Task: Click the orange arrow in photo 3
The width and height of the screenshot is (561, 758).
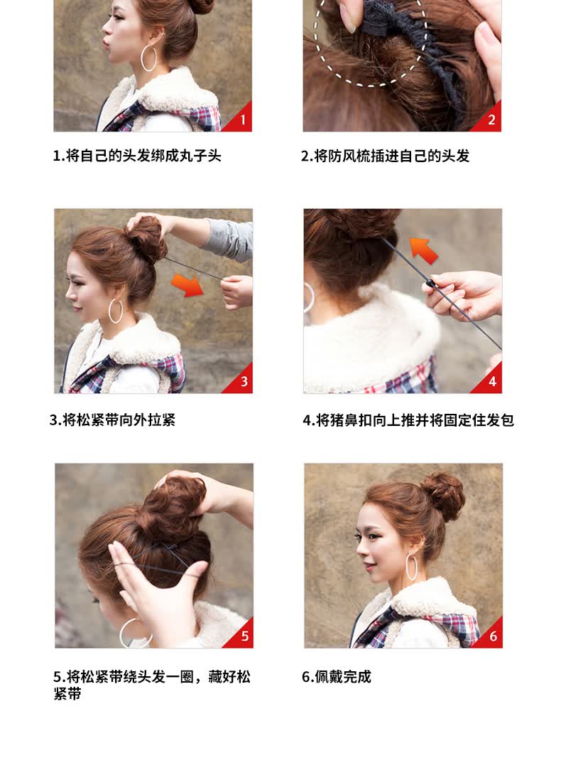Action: click(187, 284)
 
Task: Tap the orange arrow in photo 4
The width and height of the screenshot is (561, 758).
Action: click(424, 249)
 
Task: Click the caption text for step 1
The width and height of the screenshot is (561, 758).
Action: click(137, 156)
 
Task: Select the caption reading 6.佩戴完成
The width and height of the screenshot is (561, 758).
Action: click(337, 676)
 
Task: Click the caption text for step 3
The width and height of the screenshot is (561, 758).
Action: click(112, 420)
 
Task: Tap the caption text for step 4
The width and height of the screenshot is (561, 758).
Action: click(408, 420)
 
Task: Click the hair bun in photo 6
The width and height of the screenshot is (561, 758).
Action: click(442, 496)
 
